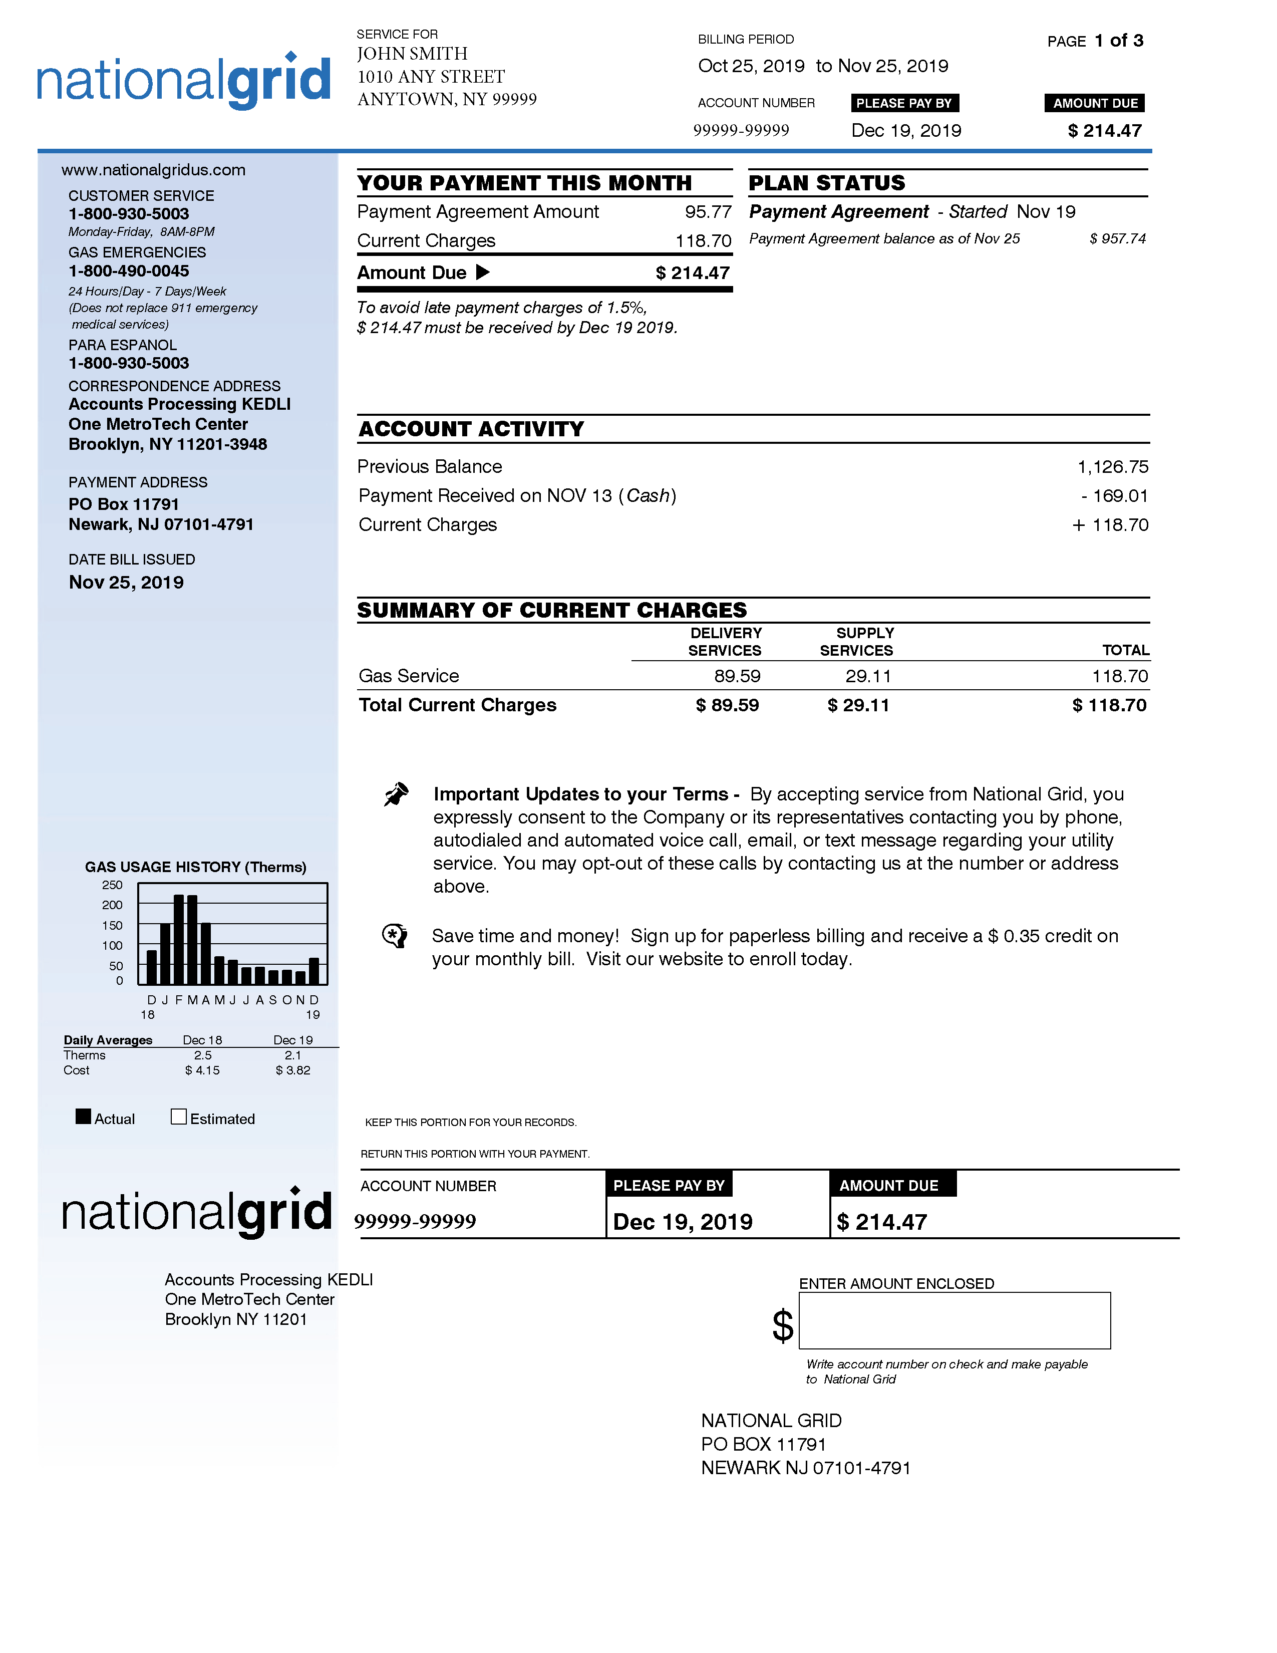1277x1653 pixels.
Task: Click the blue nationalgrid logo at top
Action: (184, 81)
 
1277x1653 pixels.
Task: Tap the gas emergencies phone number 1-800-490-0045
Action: (129, 271)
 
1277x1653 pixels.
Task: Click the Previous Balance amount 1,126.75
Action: (1112, 467)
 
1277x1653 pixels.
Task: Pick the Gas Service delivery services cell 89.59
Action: (736, 676)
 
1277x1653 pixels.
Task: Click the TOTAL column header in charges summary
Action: (1125, 650)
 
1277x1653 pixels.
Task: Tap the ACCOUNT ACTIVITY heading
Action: (471, 429)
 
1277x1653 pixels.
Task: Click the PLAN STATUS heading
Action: (826, 183)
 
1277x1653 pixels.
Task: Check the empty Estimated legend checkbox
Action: (179, 1117)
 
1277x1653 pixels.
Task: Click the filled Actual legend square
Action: (83, 1117)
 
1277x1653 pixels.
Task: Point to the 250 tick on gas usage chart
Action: (112, 885)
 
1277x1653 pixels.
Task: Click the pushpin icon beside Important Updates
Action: (396, 795)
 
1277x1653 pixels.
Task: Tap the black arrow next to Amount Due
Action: (483, 272)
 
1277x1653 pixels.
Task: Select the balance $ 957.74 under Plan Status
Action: (1117, 239)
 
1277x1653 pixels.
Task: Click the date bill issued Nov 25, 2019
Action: (126, 582)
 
